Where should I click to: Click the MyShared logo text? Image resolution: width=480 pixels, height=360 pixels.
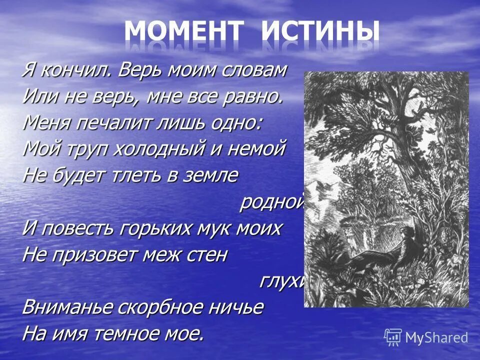click(436, 337)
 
